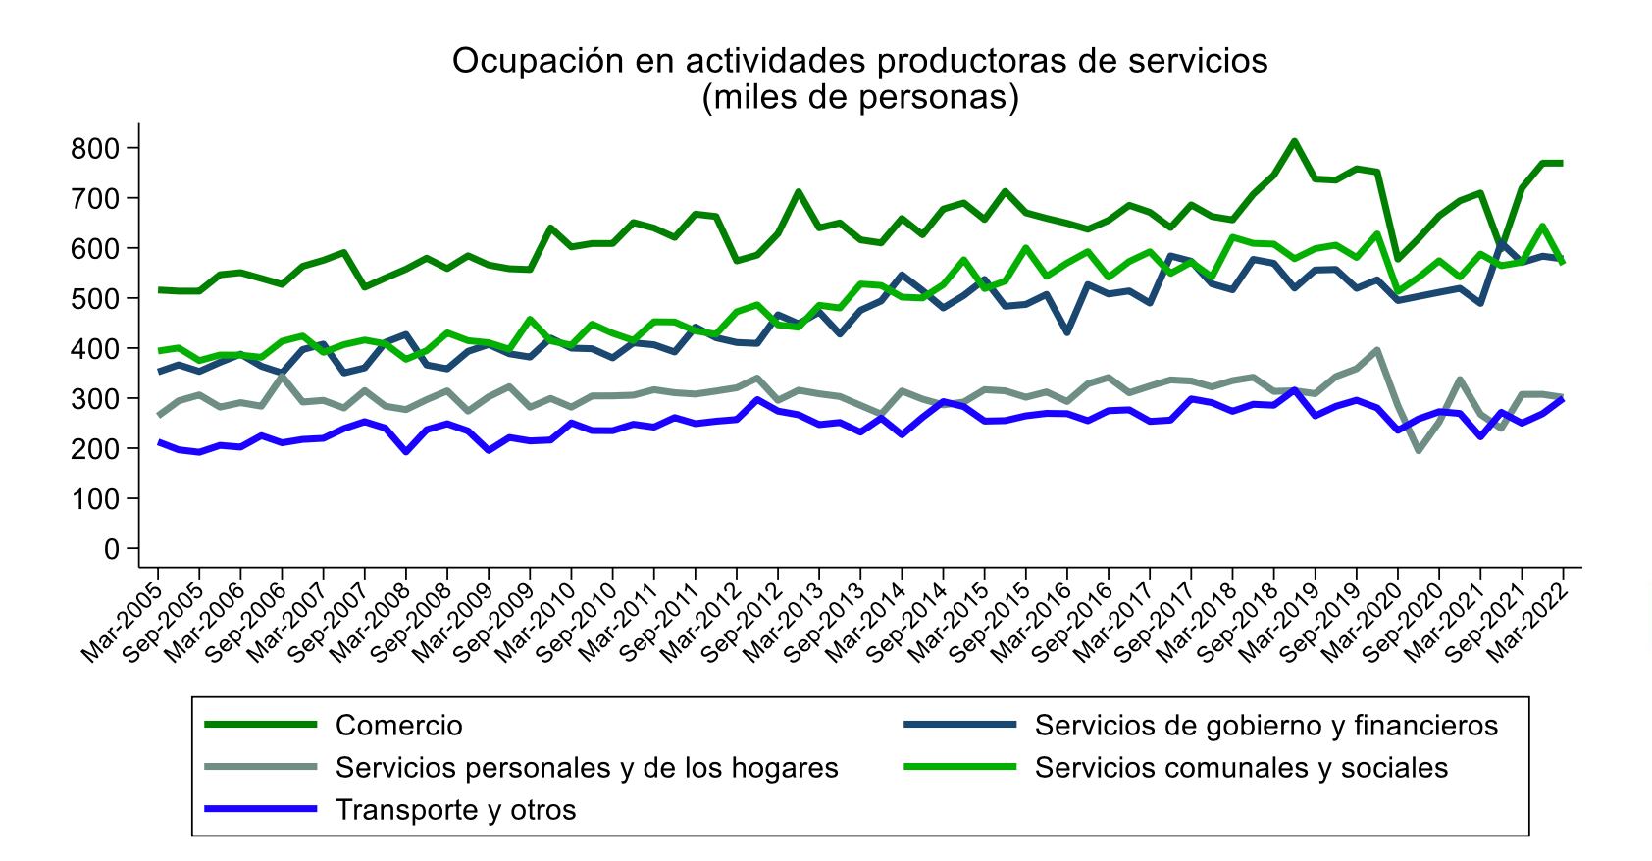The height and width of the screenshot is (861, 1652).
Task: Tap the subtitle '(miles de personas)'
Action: click(860, 97)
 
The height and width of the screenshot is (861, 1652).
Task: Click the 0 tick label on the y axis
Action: click(112, 549)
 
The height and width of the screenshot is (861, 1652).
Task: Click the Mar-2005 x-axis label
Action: click(122, 623)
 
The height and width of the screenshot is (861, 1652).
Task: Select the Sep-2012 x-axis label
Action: click(742, 623)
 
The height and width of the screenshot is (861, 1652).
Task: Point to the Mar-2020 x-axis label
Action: click(1363, 623)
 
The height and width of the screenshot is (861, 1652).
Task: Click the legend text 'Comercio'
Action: click(399, 726)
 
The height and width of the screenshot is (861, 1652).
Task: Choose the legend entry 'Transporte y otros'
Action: click(456, 810)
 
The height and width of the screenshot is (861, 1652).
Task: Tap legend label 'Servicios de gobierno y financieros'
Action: click(1266, 726)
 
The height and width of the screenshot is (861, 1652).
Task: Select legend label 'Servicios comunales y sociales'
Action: click(1241, 768)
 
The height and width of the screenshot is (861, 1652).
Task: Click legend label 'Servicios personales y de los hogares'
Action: click(587, 768)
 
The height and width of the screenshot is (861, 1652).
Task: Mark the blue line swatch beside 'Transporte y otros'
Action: click(260, 809)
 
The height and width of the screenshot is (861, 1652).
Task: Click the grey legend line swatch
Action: click(260, 768)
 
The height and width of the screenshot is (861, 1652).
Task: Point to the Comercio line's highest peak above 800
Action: click(1294, 141)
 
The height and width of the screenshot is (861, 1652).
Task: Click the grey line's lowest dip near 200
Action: click(1419, 450)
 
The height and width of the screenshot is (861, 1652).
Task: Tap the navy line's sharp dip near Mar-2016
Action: click(1066, 332)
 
